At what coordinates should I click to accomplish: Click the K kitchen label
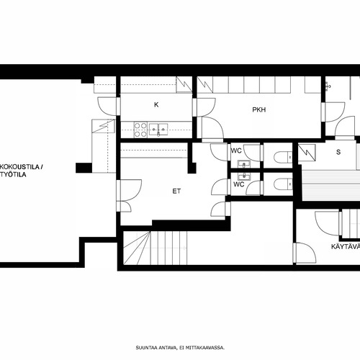coord(156,104)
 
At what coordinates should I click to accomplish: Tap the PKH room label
coord(259,109)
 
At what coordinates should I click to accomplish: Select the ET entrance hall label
coord(176,191)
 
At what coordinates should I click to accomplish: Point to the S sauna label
coord(338,152)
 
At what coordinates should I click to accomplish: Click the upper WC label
coord(236,150)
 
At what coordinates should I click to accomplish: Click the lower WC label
coord(239,184)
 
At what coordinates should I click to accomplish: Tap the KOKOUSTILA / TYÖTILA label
coord(21,171)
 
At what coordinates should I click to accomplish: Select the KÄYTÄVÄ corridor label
coord(346,246)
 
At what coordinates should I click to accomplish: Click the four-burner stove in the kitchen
coord(140,130)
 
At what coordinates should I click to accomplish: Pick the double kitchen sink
coord(158,130)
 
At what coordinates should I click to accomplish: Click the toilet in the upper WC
coord(283,157)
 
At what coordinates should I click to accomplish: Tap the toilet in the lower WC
coord(283,184)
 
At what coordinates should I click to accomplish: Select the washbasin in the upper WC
coord(244,164)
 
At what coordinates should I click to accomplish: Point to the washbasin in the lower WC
coord(244,176)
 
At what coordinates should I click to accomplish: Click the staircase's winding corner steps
coord(137,248)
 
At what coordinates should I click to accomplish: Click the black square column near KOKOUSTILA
coord(84,168)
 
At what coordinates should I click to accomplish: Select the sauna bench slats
coord(330,185)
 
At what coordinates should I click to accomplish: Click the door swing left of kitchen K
coord(107,106)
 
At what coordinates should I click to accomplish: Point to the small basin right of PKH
coord(328,85)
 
